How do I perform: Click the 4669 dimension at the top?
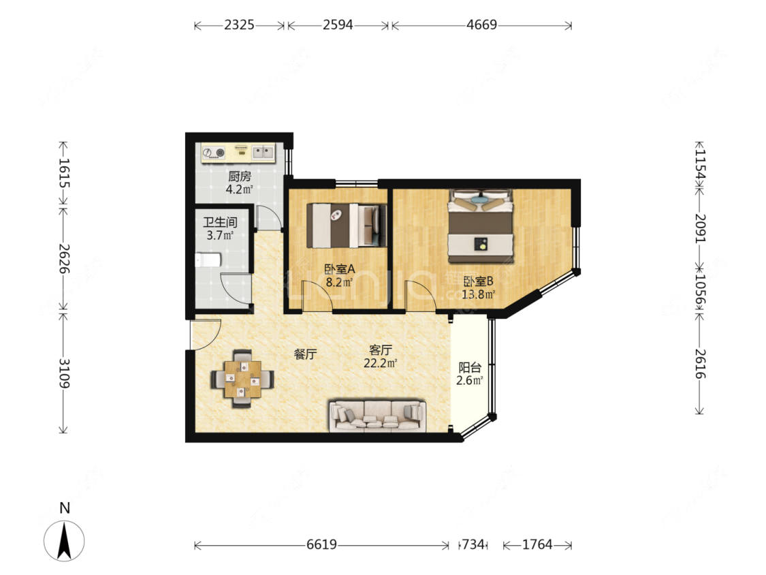[481, 25]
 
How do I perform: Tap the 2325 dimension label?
[240, 25]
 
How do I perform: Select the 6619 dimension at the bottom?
[321, 544]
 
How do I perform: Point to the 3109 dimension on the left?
[64, 373]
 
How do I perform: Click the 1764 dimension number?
[537, 544]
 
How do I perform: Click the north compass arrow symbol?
[64, 541]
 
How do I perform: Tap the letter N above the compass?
[65, 508]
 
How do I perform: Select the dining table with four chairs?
[242, 379]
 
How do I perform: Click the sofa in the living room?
[377, 416]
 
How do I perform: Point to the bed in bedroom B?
[481, 226]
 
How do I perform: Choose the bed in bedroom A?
[347, 226]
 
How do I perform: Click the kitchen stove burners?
[214, 153]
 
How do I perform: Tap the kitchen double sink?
[264, 153]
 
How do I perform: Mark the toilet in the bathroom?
[208, 260]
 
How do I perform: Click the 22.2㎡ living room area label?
[380, 363]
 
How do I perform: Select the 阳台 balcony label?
[469, 367]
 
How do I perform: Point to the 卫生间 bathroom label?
[221, 223]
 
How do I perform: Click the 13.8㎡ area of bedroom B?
[478, 294]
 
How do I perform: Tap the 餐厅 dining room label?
[305, 354]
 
